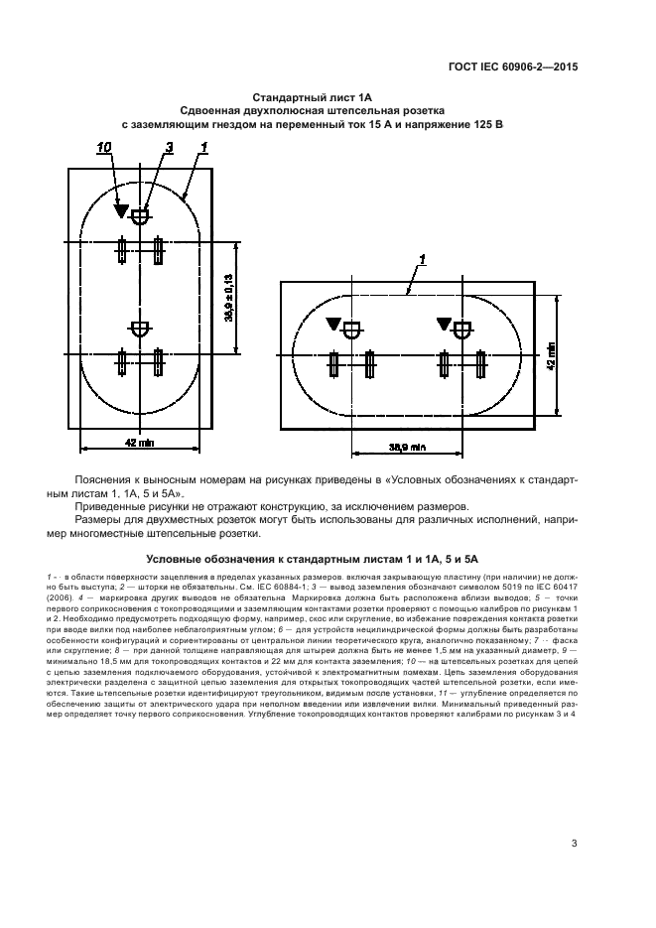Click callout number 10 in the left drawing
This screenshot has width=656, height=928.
coord(105,148)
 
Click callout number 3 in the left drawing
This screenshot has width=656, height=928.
coord(168,148)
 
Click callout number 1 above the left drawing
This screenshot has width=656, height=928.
coord(203,148)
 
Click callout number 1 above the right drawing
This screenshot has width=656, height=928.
coord(422,260)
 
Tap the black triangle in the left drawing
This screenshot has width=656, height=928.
coord(120,210)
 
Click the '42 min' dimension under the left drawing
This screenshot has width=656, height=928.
coord(139,442)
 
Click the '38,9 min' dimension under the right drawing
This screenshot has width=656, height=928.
coord(408,448)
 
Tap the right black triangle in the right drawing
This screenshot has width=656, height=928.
coord(444,324)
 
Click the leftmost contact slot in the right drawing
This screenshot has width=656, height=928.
coord(334,364)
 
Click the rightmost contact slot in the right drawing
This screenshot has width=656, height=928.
coord(481,364)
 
